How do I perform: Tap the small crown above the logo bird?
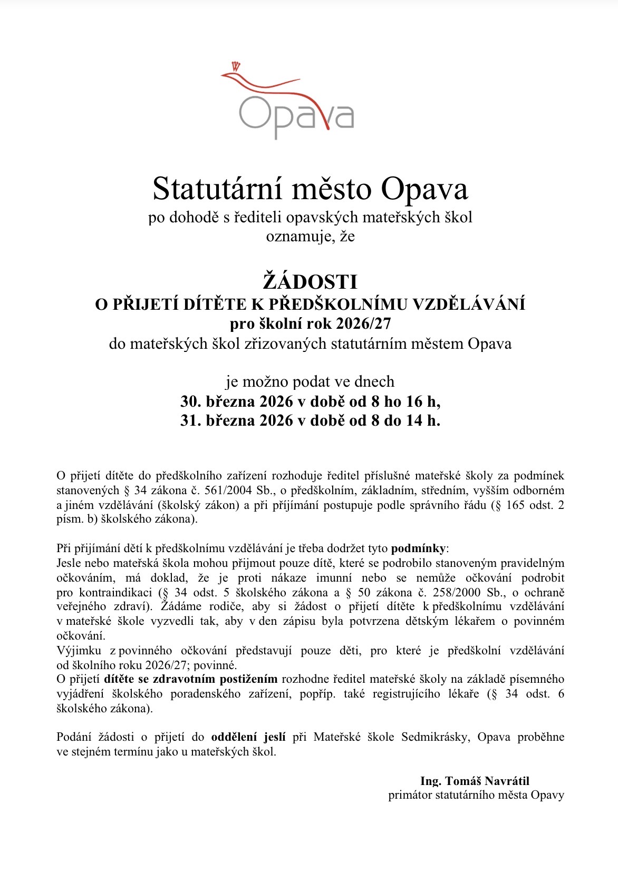coord(235,66)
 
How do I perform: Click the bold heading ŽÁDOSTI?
coord(310,282)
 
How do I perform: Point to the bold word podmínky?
coord(418,548)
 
